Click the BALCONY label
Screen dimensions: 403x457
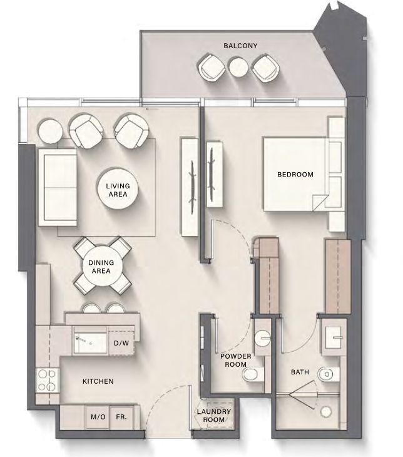[240, 46]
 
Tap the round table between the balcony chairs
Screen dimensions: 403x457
[238, 68]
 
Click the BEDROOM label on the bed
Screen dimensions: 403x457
[295, 174]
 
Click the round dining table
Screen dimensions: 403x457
[101, 267]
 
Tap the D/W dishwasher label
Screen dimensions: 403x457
[121, 343]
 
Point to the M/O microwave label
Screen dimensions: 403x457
[98, 417]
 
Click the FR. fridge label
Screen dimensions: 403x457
[121, 417]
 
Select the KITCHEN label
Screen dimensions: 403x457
[98, 381]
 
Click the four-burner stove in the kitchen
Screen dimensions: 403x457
[47, 380]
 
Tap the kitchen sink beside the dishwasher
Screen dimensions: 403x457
[91, 340]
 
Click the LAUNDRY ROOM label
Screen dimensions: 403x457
[214, 416]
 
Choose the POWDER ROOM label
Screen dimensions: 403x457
[235, 360]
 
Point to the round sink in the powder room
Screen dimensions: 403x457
[263, 338]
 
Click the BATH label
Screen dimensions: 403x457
[300, 372]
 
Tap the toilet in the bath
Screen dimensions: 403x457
[329, 374]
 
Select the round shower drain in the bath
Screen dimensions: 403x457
[326, 411]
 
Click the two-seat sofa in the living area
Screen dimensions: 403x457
[58, 187]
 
